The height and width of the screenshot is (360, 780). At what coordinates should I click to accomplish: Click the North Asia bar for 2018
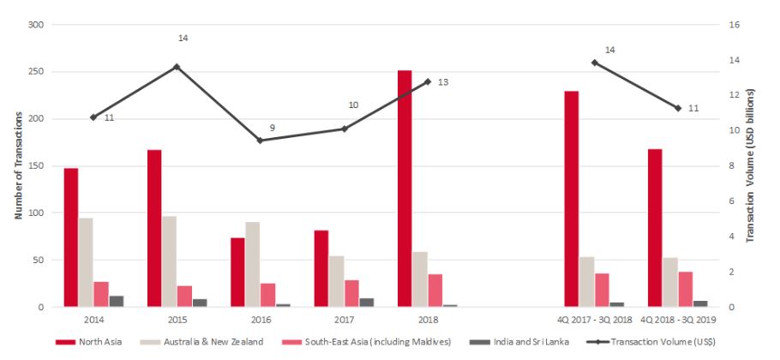tap(405, 189)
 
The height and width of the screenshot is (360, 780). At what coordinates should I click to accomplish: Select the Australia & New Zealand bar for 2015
tap(170, 261)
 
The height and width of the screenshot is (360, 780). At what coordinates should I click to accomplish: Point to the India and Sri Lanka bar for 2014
tap(117, 301)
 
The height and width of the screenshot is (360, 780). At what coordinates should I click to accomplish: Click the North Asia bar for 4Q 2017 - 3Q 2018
tap(571, 199)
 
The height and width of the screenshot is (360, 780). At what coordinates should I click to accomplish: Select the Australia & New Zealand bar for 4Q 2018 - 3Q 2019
tap(669, 282)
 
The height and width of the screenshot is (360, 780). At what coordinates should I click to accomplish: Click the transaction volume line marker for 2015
tap(177, 66)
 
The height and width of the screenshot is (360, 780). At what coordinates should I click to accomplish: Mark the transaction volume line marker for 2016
tap(260, 140)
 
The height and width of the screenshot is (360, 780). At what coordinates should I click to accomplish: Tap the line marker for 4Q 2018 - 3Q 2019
tap(677, 108)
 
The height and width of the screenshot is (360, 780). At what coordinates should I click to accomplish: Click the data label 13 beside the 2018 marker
tap(442, 82)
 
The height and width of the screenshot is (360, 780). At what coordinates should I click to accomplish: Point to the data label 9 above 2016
tap(272, 128)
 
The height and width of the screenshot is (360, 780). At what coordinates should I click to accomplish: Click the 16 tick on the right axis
tap(733, 25)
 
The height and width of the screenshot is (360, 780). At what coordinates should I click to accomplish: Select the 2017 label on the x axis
tap(344, 319)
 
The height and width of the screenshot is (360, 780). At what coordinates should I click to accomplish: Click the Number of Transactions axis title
tap(17, 165)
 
